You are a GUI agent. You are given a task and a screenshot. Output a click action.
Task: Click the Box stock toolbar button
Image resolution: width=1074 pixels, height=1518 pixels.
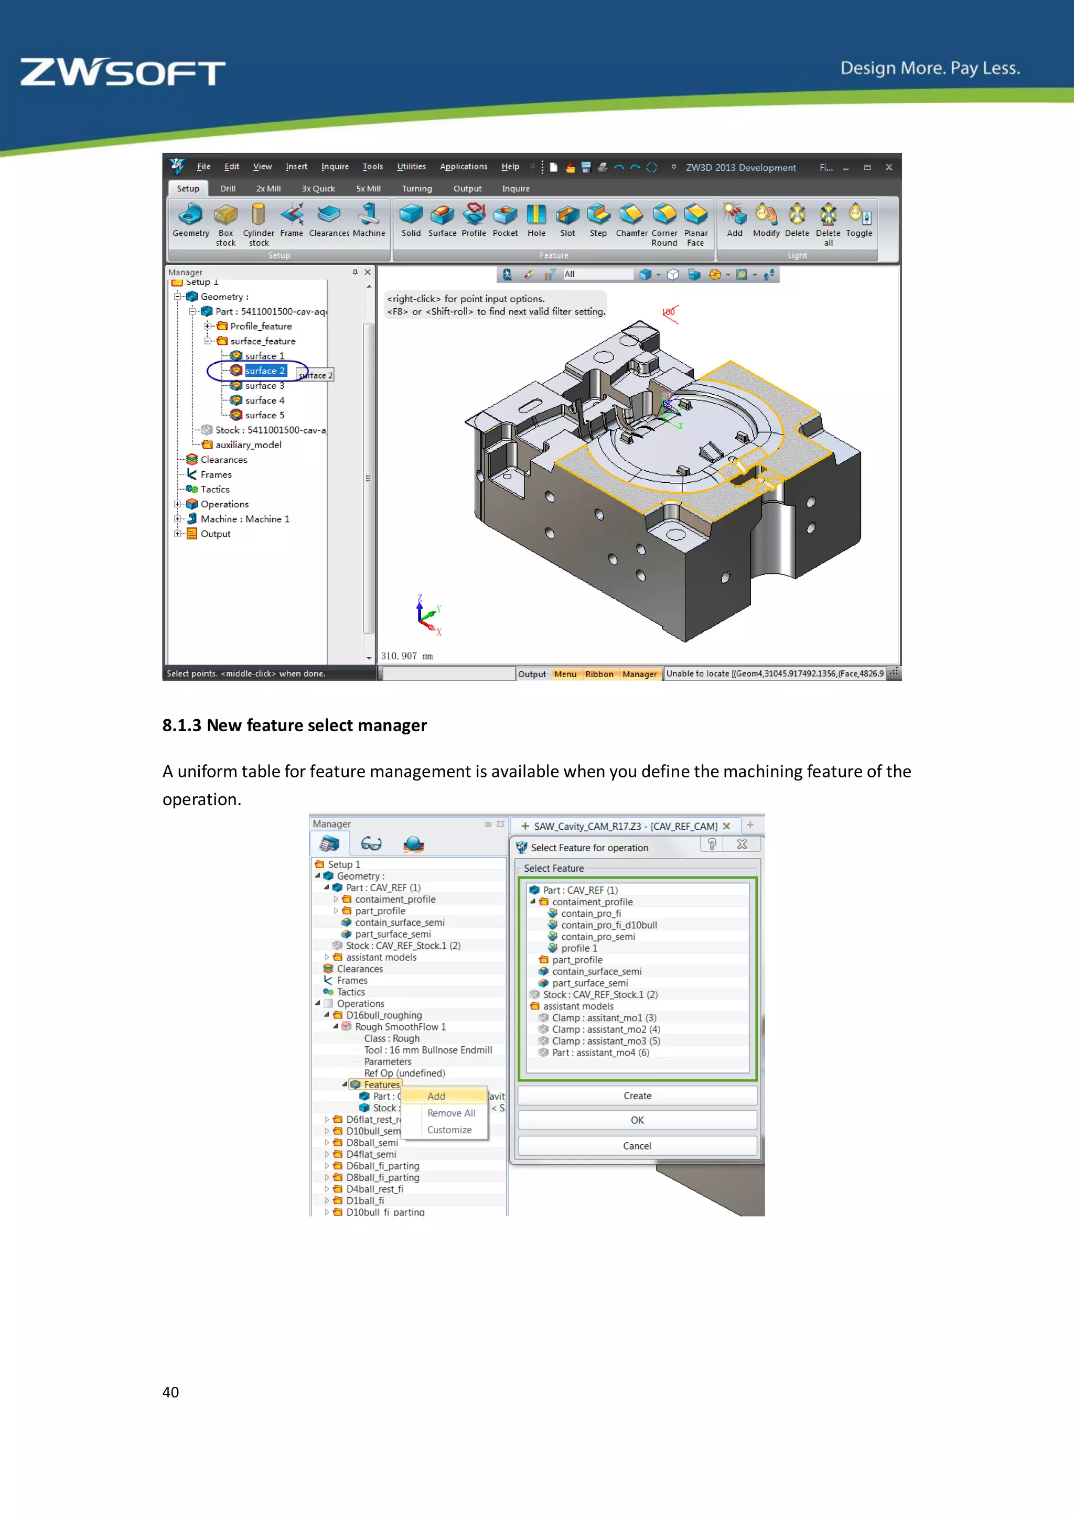pos(225,222)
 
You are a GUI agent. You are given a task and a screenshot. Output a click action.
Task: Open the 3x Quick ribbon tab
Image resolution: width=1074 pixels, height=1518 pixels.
pos(318,188)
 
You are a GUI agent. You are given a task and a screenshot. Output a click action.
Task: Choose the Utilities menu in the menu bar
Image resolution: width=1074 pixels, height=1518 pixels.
pos(411,167)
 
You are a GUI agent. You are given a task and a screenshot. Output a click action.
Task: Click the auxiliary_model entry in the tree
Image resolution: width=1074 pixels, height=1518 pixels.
pos(248,445)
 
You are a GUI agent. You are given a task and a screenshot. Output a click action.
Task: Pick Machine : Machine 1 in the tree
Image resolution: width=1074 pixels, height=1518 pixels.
pos(245,519)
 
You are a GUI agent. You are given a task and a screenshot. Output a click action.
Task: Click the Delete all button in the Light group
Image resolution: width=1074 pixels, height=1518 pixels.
pos(828,222)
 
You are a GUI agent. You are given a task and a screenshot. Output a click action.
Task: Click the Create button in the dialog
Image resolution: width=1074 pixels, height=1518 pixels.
pos(637,1096)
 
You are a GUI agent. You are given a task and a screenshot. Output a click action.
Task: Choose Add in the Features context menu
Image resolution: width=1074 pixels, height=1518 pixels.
pos(436,1096)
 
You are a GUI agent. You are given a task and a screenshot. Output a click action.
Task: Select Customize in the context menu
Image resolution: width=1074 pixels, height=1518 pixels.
pos(449,1130)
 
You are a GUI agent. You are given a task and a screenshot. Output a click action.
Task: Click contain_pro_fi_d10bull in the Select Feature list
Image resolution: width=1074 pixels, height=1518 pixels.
pos(608,925)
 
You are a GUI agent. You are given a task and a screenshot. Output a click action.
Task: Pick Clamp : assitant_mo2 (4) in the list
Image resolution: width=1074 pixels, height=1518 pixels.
pos(605,1029)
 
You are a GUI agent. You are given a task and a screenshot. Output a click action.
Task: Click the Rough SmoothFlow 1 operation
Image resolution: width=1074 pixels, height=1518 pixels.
pos(400,1027)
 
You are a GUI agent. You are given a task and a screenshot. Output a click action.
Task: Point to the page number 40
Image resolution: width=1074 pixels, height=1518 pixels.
pos(170,1392)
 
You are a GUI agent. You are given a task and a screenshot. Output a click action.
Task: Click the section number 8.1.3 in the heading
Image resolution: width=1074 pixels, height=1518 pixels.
pos(181,725)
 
